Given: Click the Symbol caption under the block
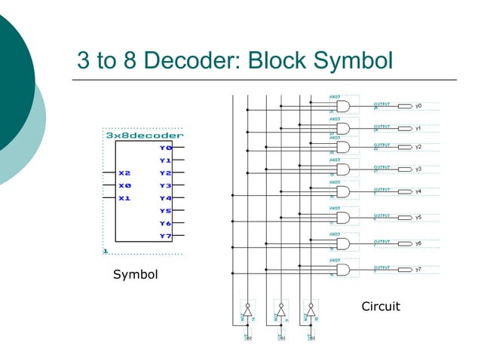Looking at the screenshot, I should pyautogui.click(x=136, y=275).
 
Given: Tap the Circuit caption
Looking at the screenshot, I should pyautogui.click(x=381, y=307).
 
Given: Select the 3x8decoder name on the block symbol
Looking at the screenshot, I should pyautogui.click(x=144, y=136).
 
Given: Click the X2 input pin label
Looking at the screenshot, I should pyautogui.click(x=124, y=173).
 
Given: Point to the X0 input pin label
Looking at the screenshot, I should pyautogui.click(x=124, y=185).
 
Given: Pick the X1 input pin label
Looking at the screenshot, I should pyautogui.click(x=124, y=198).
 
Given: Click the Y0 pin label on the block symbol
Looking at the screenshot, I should pyautogui.click(x=166, y=148).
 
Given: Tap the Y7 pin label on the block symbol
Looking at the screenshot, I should pyautogui.click(x=166, y=236).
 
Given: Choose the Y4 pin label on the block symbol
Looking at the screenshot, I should pyautogui.click(x=166, y=198).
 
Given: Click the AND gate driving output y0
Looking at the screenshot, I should pyautogui.click(x=342, y=106).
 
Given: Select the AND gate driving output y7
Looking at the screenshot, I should pyautogui.click(x=342, y=270).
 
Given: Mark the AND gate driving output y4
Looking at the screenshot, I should pyautogui.click(x=342, y=191).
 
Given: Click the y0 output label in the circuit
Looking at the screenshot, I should pyautogui.click(x=418, y=106).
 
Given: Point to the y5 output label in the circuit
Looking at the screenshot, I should pyautogui.click(x=418, y=218).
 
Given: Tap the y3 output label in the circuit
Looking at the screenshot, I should pyautogui.click(x=418, y=169).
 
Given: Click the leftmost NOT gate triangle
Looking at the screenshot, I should pyautogui.click(x=247, y=311).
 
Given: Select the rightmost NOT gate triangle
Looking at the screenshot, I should pyautogui.click(x=311, y=311).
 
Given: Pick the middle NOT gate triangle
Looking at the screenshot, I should pyautogui.click(x=280, y=311).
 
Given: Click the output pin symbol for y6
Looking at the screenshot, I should pyautogui.click(x=405, y=244).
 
